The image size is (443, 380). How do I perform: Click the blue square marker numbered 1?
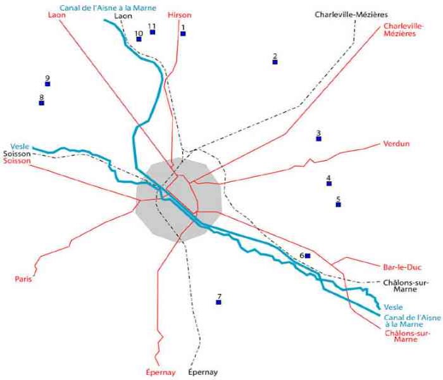click(x=183, y=34)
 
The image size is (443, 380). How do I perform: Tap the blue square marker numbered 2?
click(x=275, y=61)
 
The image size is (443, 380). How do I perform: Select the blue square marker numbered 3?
click(x=319, y=138)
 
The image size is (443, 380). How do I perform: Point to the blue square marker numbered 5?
click(x=339, y=205)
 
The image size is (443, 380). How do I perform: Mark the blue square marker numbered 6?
click(x=308, y=255)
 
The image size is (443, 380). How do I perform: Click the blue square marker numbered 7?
click(x=219, y=303)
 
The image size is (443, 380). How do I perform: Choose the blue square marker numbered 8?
click(x=42, y=103)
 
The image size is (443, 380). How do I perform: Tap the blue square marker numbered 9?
click(x=47, y=84)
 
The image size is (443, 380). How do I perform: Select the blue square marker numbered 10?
click(x=139, y=39)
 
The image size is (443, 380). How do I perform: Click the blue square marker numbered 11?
click(x=153, y=32)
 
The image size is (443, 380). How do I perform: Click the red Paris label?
click(x=23, y=279)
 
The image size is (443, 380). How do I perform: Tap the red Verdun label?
click(x=396, y=144)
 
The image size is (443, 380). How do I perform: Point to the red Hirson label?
click(x=180, y=14)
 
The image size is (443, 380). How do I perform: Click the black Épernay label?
click(x=203, y=372)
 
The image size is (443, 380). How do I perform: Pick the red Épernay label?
click(x=160, y=372)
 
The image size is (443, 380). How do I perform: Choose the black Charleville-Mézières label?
click(x=351, y=14)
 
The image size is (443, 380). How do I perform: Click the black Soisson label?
click(x=16, y=153)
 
